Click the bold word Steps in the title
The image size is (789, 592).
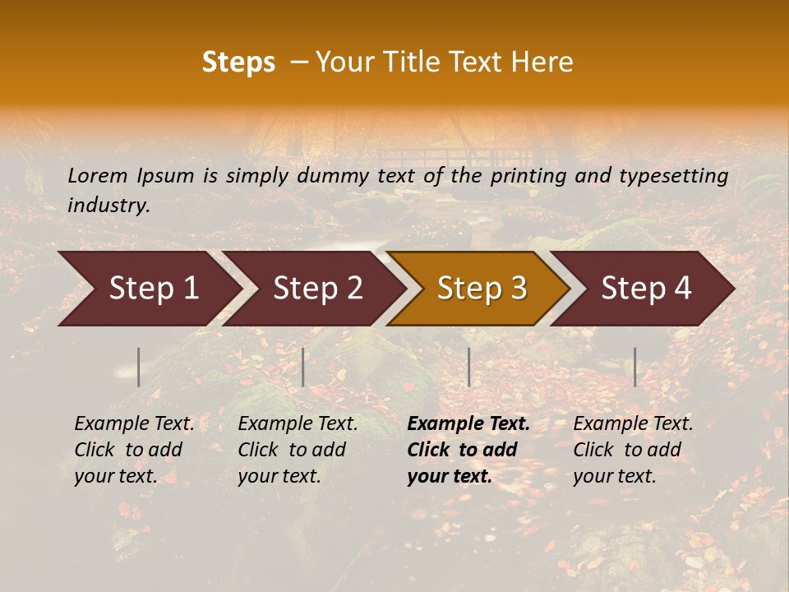[238, 62]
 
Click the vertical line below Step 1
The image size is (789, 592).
[139, 367]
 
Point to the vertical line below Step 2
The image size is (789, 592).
[303, 367]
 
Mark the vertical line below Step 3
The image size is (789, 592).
[468, 367]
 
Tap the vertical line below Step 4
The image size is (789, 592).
[634, 367]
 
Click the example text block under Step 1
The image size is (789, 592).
[134, 450]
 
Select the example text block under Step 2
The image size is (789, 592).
[298, 450]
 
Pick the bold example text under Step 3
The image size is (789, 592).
[468, 450]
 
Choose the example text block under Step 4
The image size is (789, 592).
[633, 450]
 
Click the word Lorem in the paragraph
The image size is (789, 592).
[97, 175]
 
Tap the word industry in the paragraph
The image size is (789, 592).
[108, 206]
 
